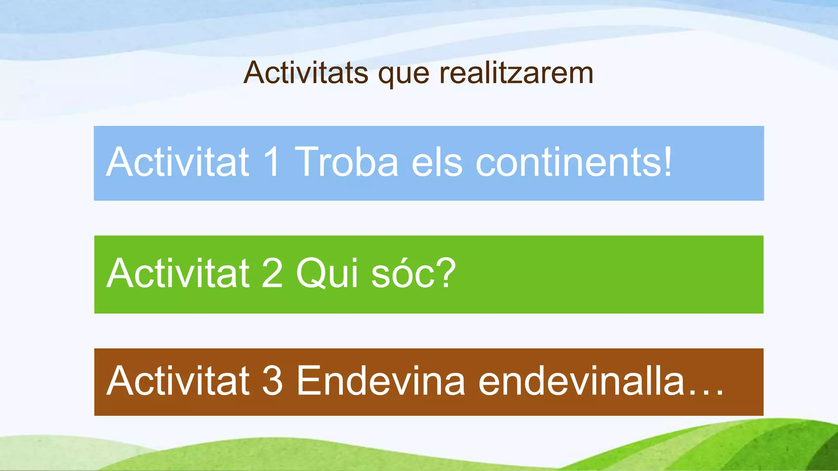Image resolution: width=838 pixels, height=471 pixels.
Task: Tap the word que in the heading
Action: [403, 75]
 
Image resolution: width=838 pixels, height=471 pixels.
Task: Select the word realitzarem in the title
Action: [516, 73]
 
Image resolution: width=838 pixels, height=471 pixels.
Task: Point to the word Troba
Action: [346, 162]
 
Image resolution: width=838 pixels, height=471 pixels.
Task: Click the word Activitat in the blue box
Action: [178, 162]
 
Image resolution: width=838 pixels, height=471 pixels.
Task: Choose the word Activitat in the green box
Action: [178, 273]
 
